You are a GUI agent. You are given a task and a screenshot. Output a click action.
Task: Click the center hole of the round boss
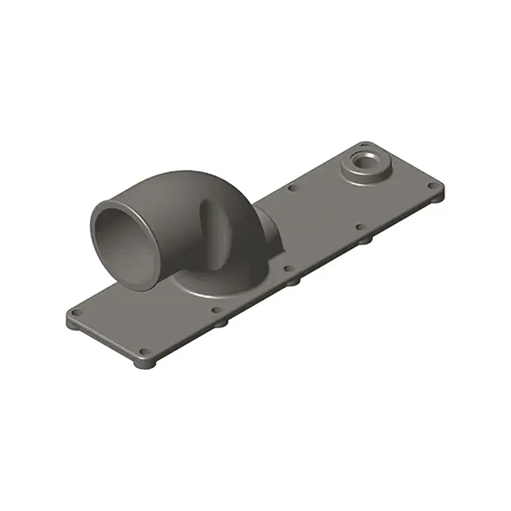[365, 160]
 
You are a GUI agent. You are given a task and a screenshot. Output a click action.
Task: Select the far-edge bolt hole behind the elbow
[292, 188]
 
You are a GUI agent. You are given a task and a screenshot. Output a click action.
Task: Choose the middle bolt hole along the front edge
[289, 269]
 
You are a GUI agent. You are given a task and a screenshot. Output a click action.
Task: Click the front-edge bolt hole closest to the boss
[360, 227]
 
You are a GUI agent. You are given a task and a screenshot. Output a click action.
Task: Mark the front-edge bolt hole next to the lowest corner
[216, 311]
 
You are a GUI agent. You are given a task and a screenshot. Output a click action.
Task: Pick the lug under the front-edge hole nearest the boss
[363, 240]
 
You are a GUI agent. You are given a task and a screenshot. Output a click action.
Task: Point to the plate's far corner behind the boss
[365, 145]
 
